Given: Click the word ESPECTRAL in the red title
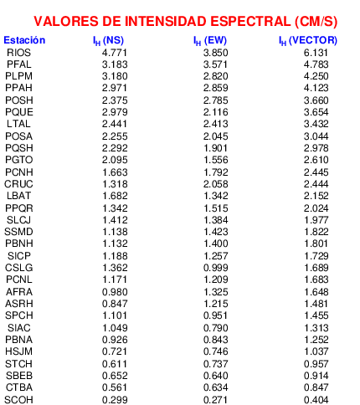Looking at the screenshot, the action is tap(250, 22).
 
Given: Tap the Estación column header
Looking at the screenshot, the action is tap(24, 40).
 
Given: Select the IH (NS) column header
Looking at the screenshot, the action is tap(108, 41).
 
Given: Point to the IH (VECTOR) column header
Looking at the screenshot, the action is tap(308, 41).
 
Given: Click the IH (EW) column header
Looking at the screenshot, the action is tap(210, 41).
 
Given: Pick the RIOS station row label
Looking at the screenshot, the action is tap(18, 53).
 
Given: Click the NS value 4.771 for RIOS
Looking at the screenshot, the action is tap(115, 53).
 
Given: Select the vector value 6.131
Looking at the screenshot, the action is tap(316, 53).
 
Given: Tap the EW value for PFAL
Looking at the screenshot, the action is tap(215, 64).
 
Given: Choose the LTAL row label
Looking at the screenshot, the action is tap(18, 124).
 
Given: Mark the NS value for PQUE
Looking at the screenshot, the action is tap(115, 112).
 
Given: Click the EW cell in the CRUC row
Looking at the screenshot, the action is tap(215, 184).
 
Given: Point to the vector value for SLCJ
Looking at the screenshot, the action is tap(316, 220).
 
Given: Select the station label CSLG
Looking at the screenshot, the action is tap(18, 268).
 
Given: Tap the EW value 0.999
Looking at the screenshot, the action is tap(215, 268).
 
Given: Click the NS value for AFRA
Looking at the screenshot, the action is tap(115, 292).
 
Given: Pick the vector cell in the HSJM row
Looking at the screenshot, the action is tap(316, 351).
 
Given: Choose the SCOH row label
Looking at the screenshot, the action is tap(18, 400).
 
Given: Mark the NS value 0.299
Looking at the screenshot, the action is tap(115, 400).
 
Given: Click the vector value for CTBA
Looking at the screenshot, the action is tap(316, 387).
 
